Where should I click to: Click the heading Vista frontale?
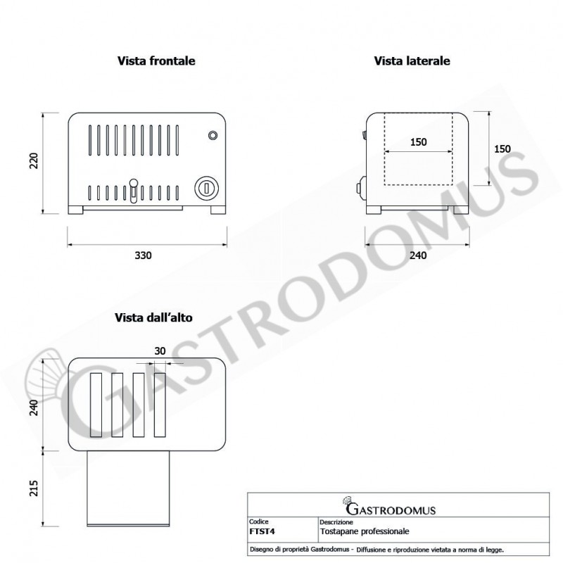tap(156, 61)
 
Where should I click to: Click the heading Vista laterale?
tap(412, 61)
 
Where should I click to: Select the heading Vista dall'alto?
tap(153, 318)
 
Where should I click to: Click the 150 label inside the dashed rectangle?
tap(418, 142)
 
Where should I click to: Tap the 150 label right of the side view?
tap(502, 148)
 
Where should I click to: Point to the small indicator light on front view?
tap(213, 135)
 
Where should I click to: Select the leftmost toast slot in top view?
tap(96, 404)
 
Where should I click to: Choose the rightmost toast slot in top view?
tap(160, 404)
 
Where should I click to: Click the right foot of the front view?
tap(217, 209)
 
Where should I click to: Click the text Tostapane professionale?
tap(364, 531)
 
